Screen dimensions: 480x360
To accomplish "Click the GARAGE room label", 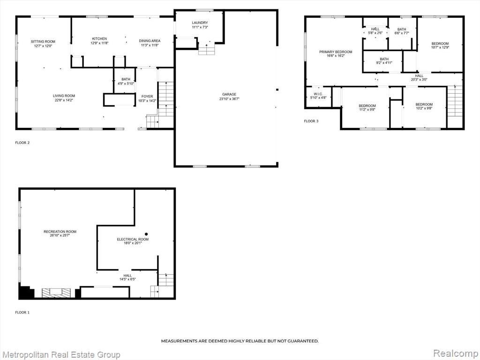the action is pyautogui.click(x=229, y=94).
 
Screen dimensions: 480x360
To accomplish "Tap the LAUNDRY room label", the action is pyautogui.click(x=200, y=22).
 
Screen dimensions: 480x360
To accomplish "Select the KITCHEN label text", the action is pyautogui.click(x=99, y=38).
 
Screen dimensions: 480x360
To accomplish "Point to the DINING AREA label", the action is pyautogui.click(x=150, y=41).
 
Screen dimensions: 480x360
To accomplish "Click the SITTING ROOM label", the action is pyautogui.click(x=43, y=41).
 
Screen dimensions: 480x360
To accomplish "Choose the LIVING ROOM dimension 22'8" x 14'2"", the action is pyautogui.click(x=64, y=100).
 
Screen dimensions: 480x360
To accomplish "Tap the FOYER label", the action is pyautogui.click(x=147, y=97).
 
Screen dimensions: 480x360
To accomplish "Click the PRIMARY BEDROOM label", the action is pyautogui.click(x=336, y=52).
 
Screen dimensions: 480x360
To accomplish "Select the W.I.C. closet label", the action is pyautogui.click(x=318, y=94).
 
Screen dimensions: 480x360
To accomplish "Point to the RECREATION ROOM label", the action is pyautogui.click(x=60, y=232).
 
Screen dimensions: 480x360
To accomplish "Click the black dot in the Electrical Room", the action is pyautogui.click(x=146, y=234).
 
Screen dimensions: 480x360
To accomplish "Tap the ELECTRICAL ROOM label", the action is pyautogui.click(x=133, y=239).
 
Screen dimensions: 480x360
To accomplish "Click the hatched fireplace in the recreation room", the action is pyautogui.click(x=56, y=292).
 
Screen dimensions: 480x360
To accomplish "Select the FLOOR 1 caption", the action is pyautogui.click(x=22, y=313).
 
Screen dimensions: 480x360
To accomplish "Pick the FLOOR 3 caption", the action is pyautogui.click(x=311, y=121).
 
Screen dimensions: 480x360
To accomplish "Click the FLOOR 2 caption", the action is pyautogui.click(x=22, y=142).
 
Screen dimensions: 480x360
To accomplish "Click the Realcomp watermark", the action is pyautogui.click(x=456, y=353).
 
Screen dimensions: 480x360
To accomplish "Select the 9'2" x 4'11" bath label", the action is pyautogui.click(x=384, y=63).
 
